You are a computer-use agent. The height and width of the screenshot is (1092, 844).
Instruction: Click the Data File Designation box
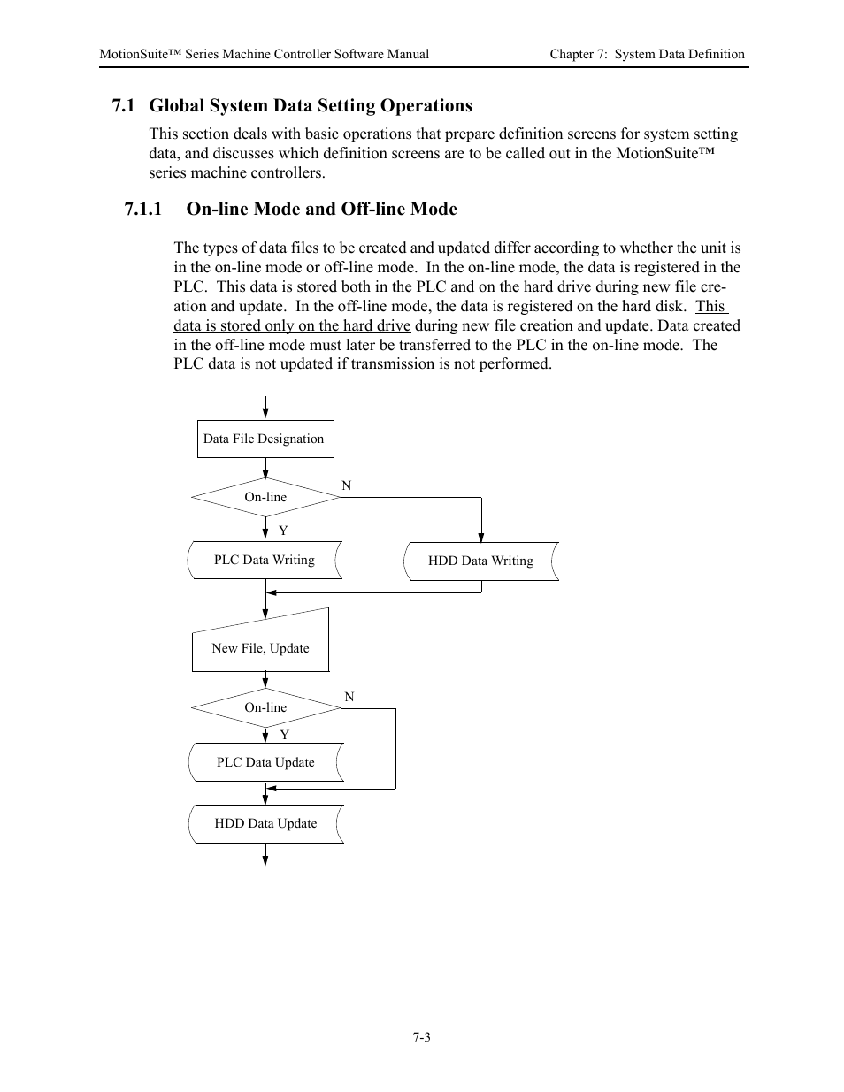coord(265,439)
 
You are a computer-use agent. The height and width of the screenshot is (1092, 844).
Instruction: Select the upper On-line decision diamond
coord(265,497)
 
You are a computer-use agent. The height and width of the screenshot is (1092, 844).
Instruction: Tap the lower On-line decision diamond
coord(265,707)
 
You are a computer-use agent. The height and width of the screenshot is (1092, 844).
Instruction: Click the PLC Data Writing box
coord(265,561)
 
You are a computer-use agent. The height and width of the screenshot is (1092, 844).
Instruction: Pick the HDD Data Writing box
coord(480,561)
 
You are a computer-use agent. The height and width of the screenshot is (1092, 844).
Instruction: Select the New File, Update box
coord(260,648)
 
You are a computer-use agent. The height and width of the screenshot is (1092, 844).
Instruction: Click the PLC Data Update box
coord(265,762)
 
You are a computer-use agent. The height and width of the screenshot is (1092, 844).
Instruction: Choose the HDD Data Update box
coord(265,823)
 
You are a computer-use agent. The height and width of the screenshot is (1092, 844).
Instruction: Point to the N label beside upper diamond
coord(347,485)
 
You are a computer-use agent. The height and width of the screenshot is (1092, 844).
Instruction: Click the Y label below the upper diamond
coord(283,531)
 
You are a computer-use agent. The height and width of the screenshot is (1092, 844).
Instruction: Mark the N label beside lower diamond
coord(349,697)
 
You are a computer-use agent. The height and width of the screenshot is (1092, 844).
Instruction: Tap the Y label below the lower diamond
coord(284,735)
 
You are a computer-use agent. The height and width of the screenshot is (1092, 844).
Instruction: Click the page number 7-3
coord(421,1037)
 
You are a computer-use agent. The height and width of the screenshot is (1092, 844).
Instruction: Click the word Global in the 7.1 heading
coord(176,105)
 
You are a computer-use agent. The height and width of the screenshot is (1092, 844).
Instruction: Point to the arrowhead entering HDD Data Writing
coord(481,535)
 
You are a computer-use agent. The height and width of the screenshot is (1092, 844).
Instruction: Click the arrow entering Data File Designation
coord(265,409)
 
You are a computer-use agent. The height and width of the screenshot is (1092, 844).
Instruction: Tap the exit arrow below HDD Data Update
coord(265,855)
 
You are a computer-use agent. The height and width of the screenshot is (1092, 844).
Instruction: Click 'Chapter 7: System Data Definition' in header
coord(647,54)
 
